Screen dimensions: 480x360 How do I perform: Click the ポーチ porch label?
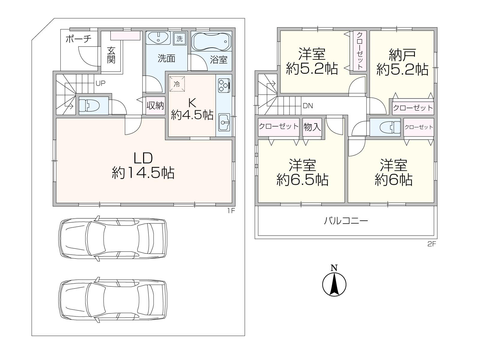click(x=78, y=39)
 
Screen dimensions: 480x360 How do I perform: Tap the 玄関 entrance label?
click(x=111, y=55)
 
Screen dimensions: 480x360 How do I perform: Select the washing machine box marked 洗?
click(x=179, y=39)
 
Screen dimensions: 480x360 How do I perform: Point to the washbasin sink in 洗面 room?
click(x=158, y=38)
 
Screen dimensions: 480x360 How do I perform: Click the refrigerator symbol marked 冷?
click(x=177, y=84)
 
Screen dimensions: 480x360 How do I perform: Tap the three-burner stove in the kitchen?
click(x=224, y=86)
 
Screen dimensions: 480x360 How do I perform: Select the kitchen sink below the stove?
click(x=224, y=122)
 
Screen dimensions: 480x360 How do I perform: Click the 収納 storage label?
click(x=155, y=106)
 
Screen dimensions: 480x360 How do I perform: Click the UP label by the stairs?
click(x=100, y=83)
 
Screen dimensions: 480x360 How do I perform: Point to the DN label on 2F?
click(x=308, y=106)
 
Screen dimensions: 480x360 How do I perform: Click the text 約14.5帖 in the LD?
click(x=143, y=173)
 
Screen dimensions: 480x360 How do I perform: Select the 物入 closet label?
click(x=312, y=127)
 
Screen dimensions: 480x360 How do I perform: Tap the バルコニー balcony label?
click(x=346, y=221)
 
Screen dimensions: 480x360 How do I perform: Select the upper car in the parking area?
click(x=113, y=238)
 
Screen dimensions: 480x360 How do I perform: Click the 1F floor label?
click(x=230, y=211)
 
